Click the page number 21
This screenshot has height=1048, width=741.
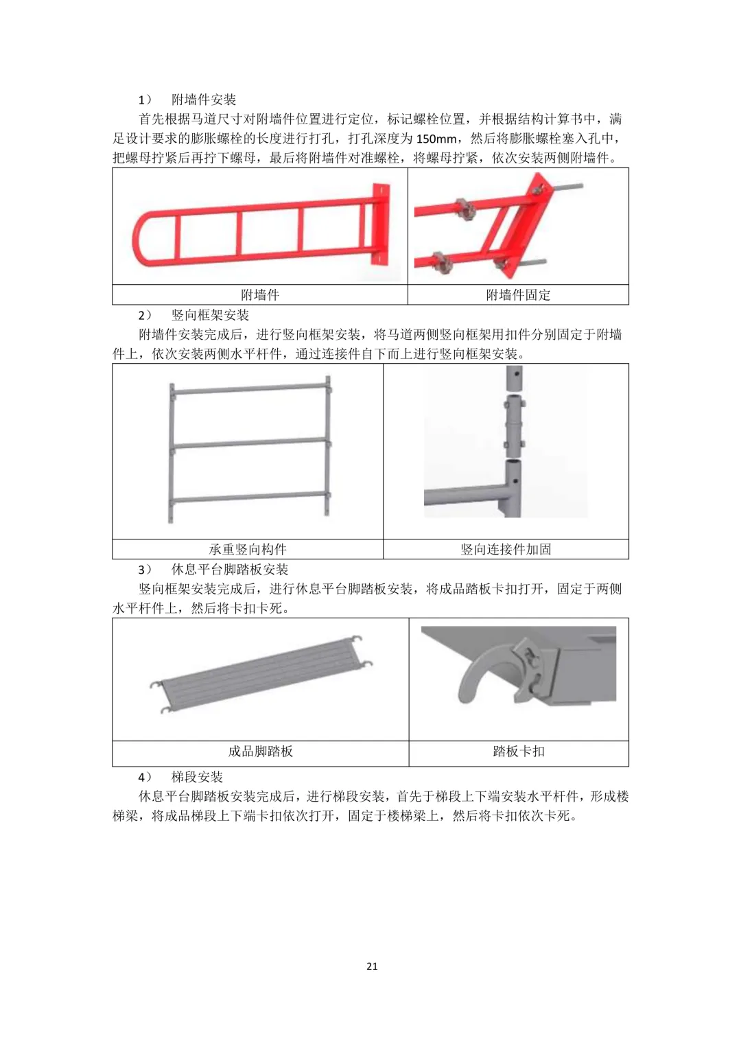coord(372,966)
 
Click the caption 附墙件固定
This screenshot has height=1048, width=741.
coord(518,294)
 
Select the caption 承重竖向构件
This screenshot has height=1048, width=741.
coord(248,549)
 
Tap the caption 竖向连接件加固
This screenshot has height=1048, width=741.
coord(506,549)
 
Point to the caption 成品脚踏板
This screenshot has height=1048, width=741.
coord(261,752)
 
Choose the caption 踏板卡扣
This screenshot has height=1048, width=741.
coord(519,752)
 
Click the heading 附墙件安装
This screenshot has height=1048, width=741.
coord(204,100)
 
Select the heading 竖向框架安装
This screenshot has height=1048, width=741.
coord(210,315)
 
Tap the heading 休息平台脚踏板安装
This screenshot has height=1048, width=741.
coord(230,570)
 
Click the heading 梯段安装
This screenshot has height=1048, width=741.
coord(197,777)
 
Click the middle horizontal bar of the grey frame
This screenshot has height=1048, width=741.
coord(250,443)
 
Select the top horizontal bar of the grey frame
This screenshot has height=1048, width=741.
coord(250,388)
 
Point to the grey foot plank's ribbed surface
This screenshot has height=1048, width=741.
coord(262,674)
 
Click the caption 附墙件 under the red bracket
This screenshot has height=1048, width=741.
coord(260,294)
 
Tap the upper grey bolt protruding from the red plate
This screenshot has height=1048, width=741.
coord(567,187)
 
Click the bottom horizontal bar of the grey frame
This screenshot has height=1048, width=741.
coord(250,499)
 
